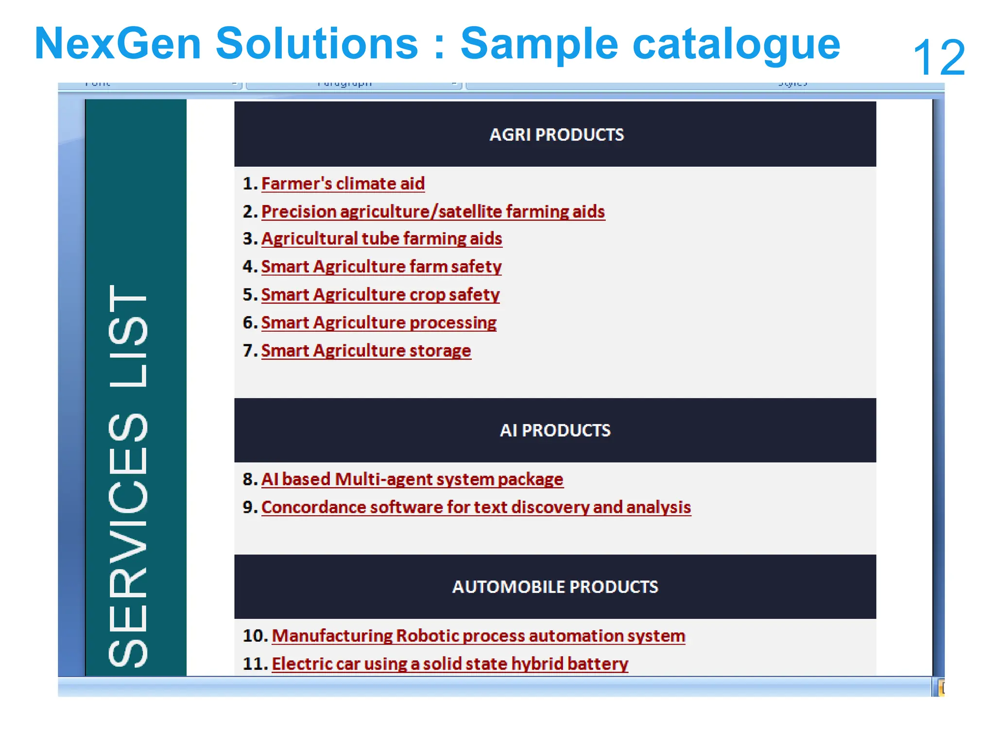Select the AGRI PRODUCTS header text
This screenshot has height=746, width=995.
[556, 135]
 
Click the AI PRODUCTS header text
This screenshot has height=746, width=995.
[555, 430]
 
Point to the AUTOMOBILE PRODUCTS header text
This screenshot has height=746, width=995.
[555, 587]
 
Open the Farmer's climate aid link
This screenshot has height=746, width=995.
[343, 184]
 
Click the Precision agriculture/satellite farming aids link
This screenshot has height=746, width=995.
[432, 212]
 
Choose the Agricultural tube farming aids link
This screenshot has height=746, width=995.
[381, 238]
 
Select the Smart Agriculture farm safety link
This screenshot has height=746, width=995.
[381, 267]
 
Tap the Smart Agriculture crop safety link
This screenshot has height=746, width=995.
[380, 295]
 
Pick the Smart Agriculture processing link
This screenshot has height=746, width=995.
[378, 322]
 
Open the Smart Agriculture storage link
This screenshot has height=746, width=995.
[366, 351]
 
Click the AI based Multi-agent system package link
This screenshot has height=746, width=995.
[412, 479]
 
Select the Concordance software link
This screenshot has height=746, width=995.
[476, 507]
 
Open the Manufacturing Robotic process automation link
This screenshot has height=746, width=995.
[478, 636]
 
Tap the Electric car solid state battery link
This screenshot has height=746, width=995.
[449, 664]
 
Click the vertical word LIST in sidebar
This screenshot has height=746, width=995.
[128, 335]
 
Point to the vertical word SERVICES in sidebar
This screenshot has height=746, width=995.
[128, 539]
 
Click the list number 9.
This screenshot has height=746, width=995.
[249, 507]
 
